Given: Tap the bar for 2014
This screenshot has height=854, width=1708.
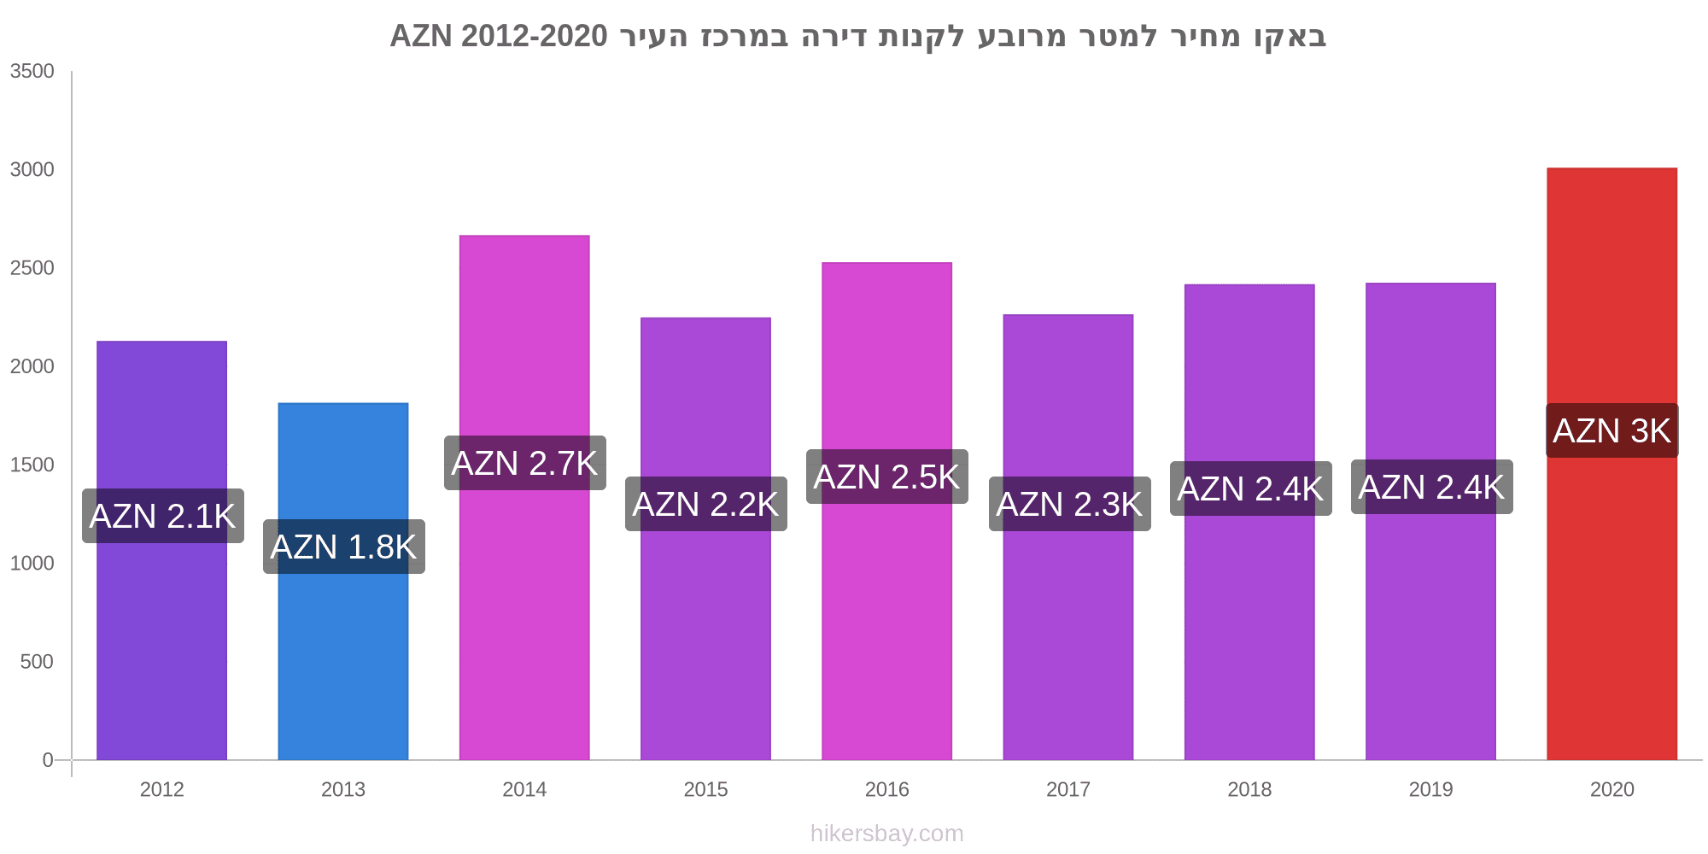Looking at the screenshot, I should tap(524, 615).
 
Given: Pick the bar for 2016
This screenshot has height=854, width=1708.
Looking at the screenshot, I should tap(886, 632).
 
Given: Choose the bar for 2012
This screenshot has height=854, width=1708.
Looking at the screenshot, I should tap(161, 649).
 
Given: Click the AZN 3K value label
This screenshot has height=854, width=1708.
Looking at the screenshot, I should tap(1611, 430).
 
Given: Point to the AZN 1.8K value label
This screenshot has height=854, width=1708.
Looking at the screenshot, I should tap(343, 547).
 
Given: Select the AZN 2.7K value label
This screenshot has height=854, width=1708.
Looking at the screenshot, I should tap(524, 463).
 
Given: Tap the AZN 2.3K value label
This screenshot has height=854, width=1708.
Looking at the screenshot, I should tap(1069, 504).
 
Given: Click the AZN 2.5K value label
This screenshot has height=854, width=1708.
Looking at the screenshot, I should tap(886, 477).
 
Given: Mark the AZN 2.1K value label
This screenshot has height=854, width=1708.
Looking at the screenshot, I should tap(162, 516).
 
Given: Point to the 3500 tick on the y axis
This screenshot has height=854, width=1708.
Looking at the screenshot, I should tap(32, 72).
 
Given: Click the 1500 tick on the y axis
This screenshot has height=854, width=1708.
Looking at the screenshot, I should tap(32, 465).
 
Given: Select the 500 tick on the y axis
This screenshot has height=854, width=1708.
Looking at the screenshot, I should tap(38, 662).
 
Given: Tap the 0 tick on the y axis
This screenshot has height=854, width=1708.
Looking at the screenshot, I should tap(48, 760).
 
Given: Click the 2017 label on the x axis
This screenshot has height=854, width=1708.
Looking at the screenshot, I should tap(1068, 789).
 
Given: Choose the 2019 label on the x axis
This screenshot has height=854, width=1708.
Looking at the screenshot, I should tap(1430, 789).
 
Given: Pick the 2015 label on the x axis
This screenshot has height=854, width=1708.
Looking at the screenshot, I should tap(705, 789).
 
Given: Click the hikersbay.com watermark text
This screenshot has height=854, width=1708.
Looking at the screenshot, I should tap(886, 834).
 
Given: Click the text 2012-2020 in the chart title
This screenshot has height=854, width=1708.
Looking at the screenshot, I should tap(534, 36).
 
